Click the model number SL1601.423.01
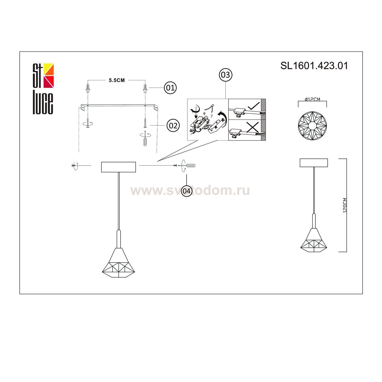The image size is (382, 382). pos(314,66)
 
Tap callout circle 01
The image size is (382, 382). pos(170,88)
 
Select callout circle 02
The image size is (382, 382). pos(173,125)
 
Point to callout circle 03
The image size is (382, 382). pos(225,75)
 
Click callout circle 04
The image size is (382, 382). pos(187,191)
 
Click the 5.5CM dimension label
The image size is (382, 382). pos(117,80)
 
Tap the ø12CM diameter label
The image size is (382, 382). pos(312,99)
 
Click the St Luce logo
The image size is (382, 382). pos(43,89)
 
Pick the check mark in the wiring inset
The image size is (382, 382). pos(253,106)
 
